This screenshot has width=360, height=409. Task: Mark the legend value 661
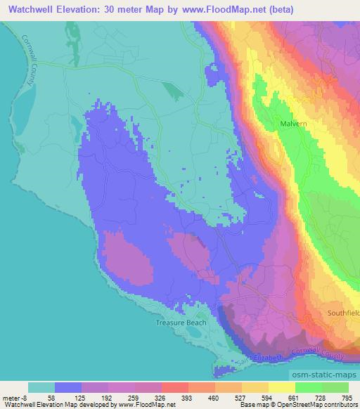point(295,398)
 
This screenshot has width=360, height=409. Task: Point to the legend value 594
point(268,398)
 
